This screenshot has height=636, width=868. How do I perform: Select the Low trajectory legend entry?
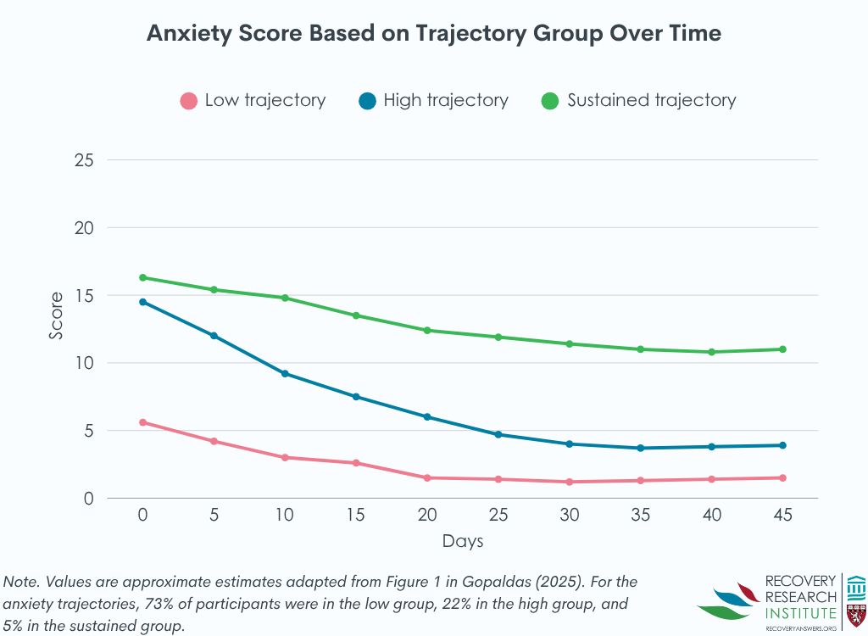click(253, 100)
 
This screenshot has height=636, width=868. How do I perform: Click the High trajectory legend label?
click(445, 100)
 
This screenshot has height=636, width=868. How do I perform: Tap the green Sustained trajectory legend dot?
click(550, 101)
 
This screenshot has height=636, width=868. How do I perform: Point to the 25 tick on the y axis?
click(82, 160)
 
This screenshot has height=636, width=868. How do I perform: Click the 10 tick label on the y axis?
click(82, 363)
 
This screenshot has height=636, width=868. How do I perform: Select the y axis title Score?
click(56, 316)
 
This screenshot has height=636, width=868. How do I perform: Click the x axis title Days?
click(463, 540)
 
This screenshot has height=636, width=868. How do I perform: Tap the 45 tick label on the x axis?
click(782, 516)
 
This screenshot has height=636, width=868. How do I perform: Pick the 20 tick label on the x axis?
click(427, 516)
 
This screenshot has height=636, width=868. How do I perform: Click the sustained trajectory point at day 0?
click(142, 277)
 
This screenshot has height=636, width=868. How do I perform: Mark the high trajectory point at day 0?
click(142, 302)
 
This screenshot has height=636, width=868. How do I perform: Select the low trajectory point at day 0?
click(142, 422)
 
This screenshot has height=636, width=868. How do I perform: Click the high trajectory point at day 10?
click(285, 373)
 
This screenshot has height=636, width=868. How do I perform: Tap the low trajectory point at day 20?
click(427, 477)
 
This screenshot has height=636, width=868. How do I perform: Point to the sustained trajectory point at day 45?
click(782, 349)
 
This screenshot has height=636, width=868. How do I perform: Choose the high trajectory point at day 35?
click(640, 448)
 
